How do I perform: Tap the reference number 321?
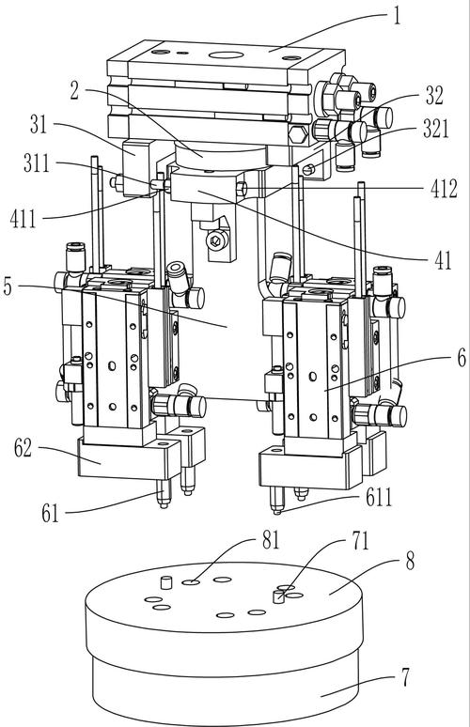[435, 129]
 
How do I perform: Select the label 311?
[37, 163]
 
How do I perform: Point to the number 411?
[23, 218]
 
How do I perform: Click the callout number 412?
[444, 189]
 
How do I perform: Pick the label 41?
[443, 260]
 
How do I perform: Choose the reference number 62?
[23, 448]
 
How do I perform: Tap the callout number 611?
[379, 498]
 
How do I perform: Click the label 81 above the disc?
[272, 540]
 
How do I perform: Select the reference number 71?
[360, 541]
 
